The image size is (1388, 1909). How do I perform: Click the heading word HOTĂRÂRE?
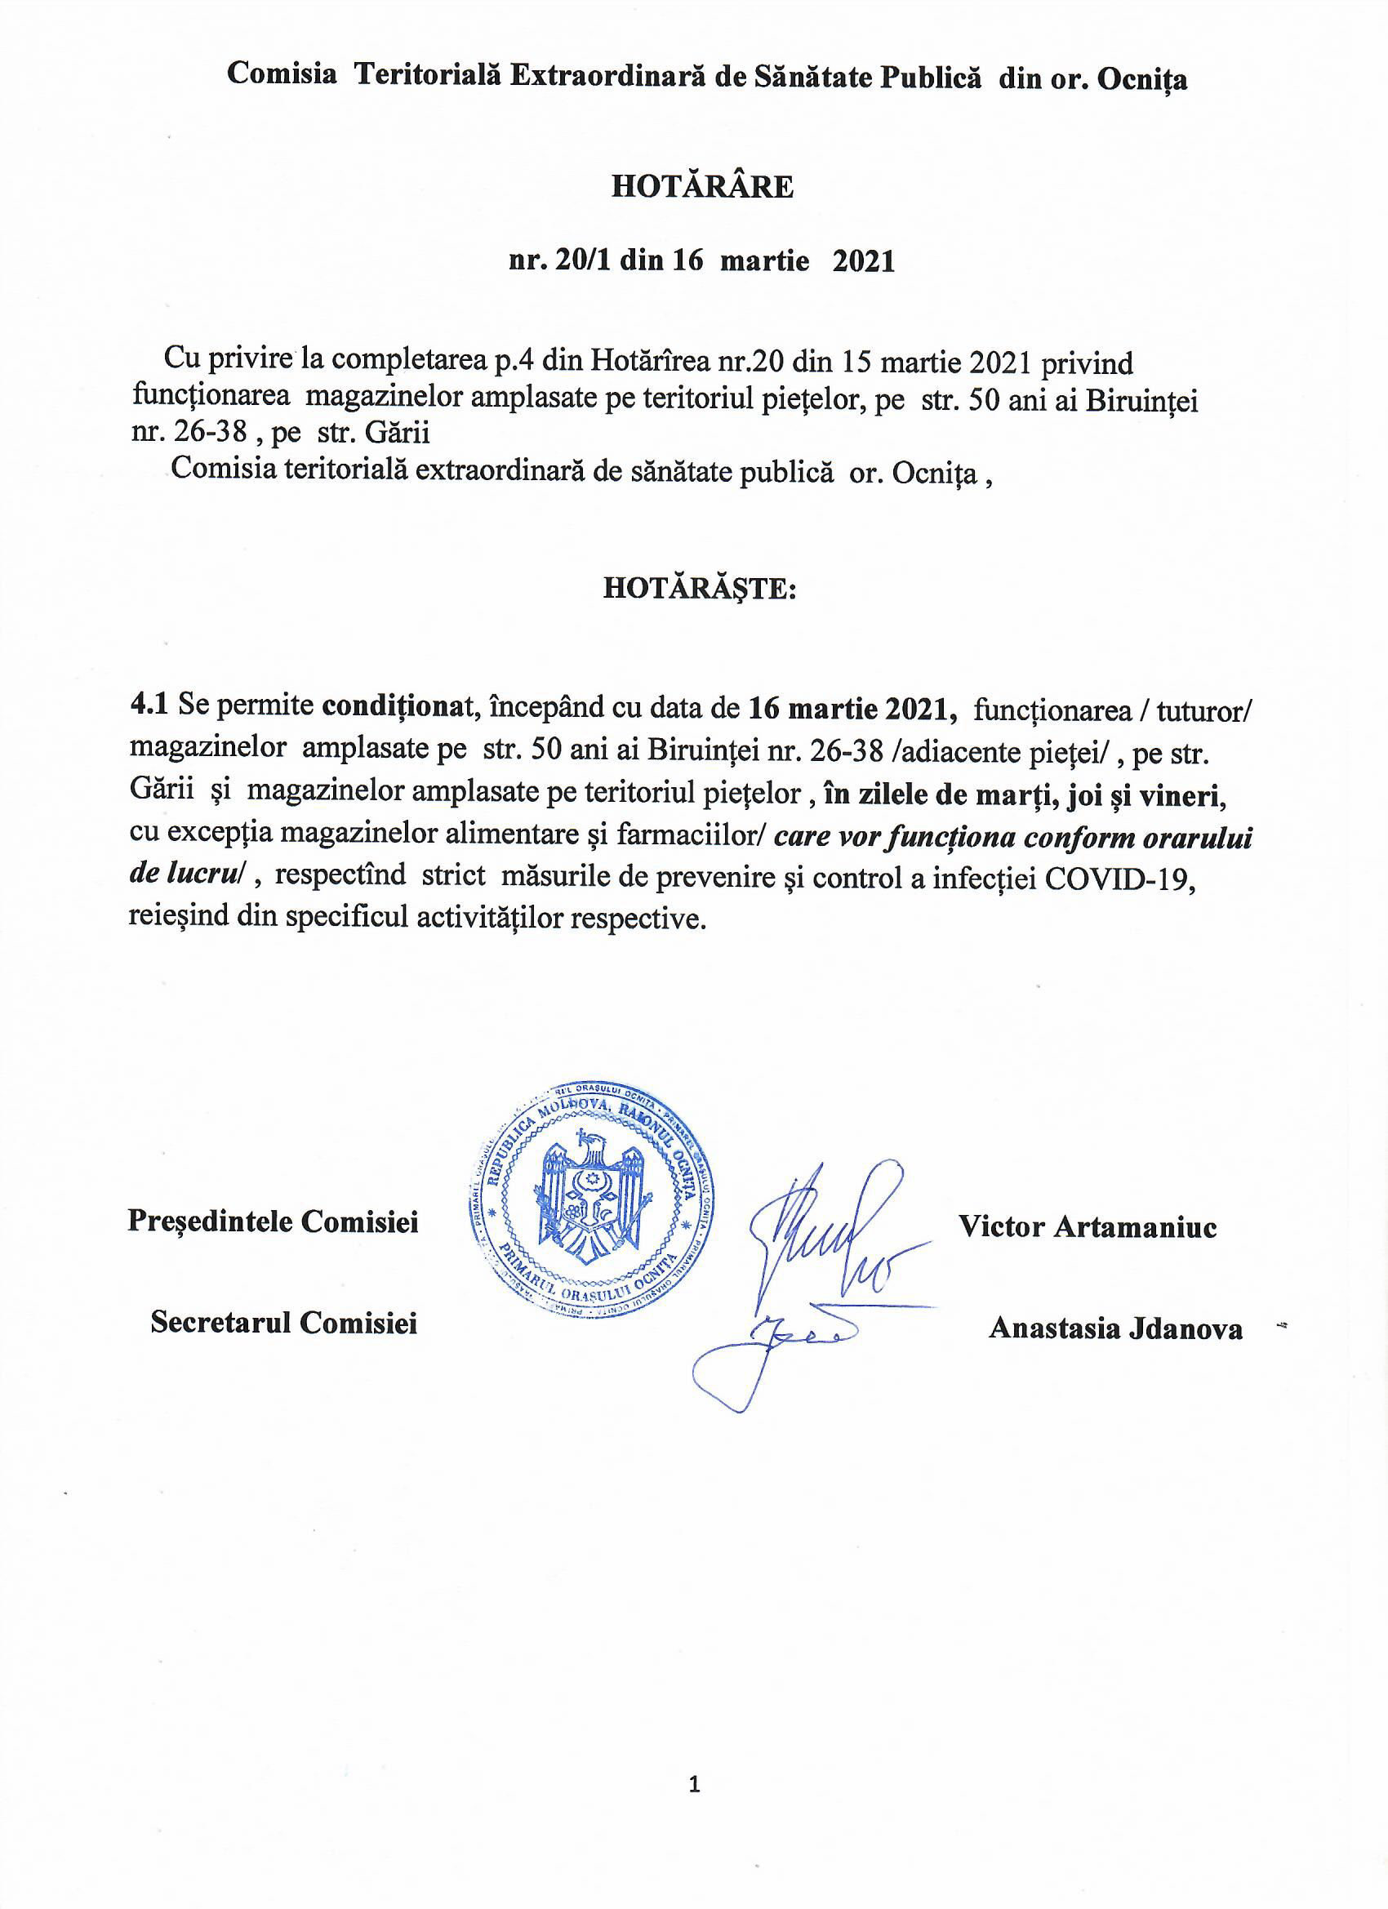click(x=701, y=186)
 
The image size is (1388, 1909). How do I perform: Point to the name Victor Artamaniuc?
click(x=1088, y=1226)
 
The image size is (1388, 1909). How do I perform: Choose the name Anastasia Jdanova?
click(x=1115, y=1328)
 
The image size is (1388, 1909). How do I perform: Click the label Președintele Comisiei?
click(x=273, y=1221)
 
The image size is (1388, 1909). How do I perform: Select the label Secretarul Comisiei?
click(x=283, y=1324)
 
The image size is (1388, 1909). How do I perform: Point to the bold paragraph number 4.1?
click(x=149, y=707)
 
